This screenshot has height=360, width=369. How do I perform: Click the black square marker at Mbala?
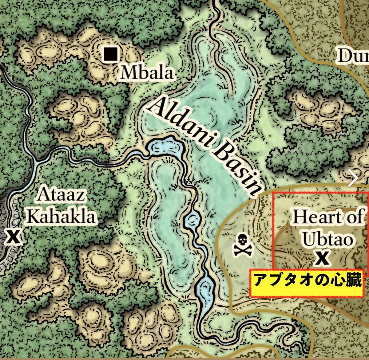(110, 55)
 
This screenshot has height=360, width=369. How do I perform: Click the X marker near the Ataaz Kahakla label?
(13, 237)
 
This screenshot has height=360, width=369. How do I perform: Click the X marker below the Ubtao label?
(322, 259)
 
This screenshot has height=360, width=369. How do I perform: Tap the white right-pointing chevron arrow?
(354, 178)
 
